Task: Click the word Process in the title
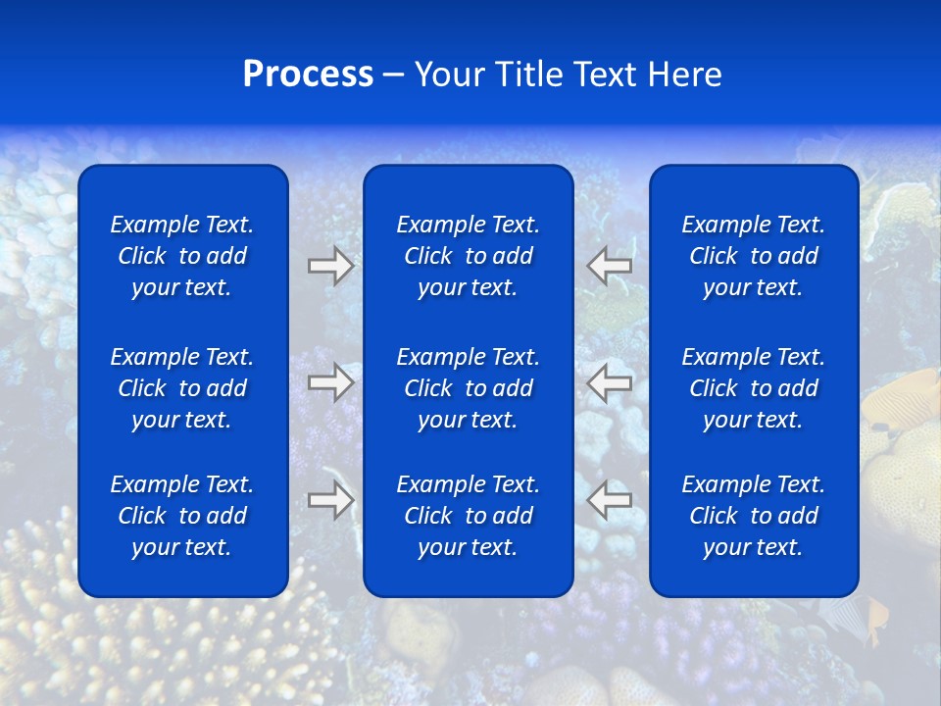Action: tap(308, 75)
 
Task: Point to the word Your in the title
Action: tap(450, 75)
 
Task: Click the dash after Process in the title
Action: tap(394, 76)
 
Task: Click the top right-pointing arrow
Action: tap(330, 266)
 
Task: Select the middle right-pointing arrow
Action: tap(330, 381)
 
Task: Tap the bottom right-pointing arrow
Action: tap(330, 500)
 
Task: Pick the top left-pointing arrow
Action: tap(610, 266)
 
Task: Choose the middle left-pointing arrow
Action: tap(610, 381)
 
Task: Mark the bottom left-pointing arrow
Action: tap(610, 500)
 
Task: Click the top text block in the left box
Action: tap(182, 256)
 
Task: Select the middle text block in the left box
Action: tap(182, 388)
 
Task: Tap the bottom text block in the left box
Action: tap(182, 516)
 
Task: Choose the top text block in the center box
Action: tap(469, 256)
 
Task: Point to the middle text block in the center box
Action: tap(469, 388)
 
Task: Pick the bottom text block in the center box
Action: tap(469, 516)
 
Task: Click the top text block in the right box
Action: tap(754, 256)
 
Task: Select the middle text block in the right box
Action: tap(754, 388)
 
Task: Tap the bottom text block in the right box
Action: tap(754, 516)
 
